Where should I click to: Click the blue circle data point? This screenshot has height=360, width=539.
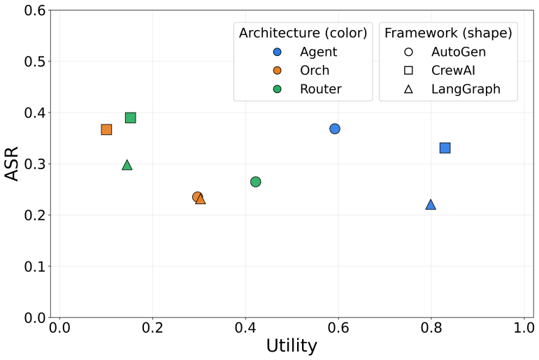pyautogui.click(x=335, y=129)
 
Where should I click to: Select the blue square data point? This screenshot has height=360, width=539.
pyautogui.click(x=445, y=148)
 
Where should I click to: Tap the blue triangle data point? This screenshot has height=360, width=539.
pyautogui.click(x=431, y=205)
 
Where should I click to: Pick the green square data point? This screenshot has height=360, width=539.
pyautogui.click(x=131, y=117)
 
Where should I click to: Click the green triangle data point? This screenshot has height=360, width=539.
pyautogui.click(x=127, y=166)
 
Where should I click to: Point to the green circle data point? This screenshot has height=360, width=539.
pyautogui.click(x=256, y=182)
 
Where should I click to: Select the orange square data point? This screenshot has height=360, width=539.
pyautogui.click(x=106, y=129)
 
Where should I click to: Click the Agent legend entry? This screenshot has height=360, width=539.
pyautogui.click(x=305, y=52)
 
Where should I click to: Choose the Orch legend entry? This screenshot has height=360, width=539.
pyautogui.click(x=301, y=71)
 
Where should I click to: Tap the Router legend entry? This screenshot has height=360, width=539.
pyautogui.click(x=307, y=89)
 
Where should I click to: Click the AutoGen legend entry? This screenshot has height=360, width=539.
pyautogui.click(x=445, y=52)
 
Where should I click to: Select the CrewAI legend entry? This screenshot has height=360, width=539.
pyautogui.click(x=439, y=71)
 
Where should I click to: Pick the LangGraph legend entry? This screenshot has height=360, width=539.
pyautogui.click(x=452, y=89)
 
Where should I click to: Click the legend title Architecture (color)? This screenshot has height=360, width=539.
pyautogui.click(x=303, y=33)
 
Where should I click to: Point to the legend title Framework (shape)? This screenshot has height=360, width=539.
pyautogui.click(x=448, y=33)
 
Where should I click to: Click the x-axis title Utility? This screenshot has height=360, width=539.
pyautogui.click(x=292, y=346)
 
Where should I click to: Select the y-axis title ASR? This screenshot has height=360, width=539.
pyautogui.click(x=12, y=164)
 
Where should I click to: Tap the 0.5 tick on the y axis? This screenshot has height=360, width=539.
pyautogui.click(x=35, y=62)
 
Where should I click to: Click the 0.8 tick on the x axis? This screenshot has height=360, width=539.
pyautogui.click(x=431, y=328)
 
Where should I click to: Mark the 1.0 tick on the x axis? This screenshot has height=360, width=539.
pyautogui.click(x=524, y=328)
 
